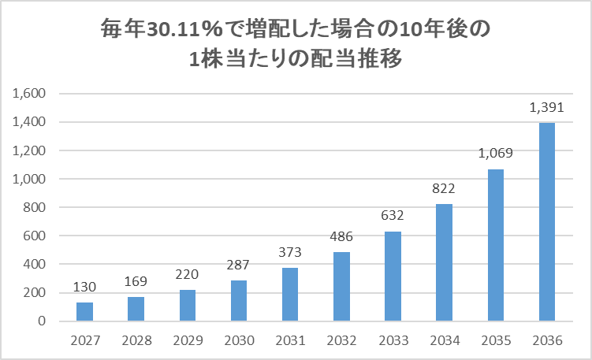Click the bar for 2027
[84, 312]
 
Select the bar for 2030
[239, 301]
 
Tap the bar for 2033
[393, 276]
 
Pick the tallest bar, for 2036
[546, 222]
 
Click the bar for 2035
[495, 245]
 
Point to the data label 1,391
[546, 107]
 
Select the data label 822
[444, 188]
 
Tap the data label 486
[341, 236]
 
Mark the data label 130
[84, 287]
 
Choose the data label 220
[188, 274]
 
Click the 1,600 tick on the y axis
[32, 94]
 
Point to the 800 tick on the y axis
[37, 208]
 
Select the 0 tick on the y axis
[44, 321]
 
